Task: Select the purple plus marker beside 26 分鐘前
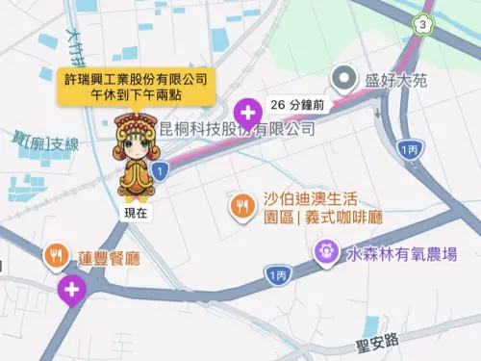click(249, 114)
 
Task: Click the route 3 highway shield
click(420, 23)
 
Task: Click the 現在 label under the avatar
click(136, 213)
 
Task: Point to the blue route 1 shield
click(162, 169)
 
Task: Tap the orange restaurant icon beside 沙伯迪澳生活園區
click(241, 205)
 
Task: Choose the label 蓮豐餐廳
click(110, 257)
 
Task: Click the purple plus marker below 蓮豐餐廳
click(71, 288)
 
